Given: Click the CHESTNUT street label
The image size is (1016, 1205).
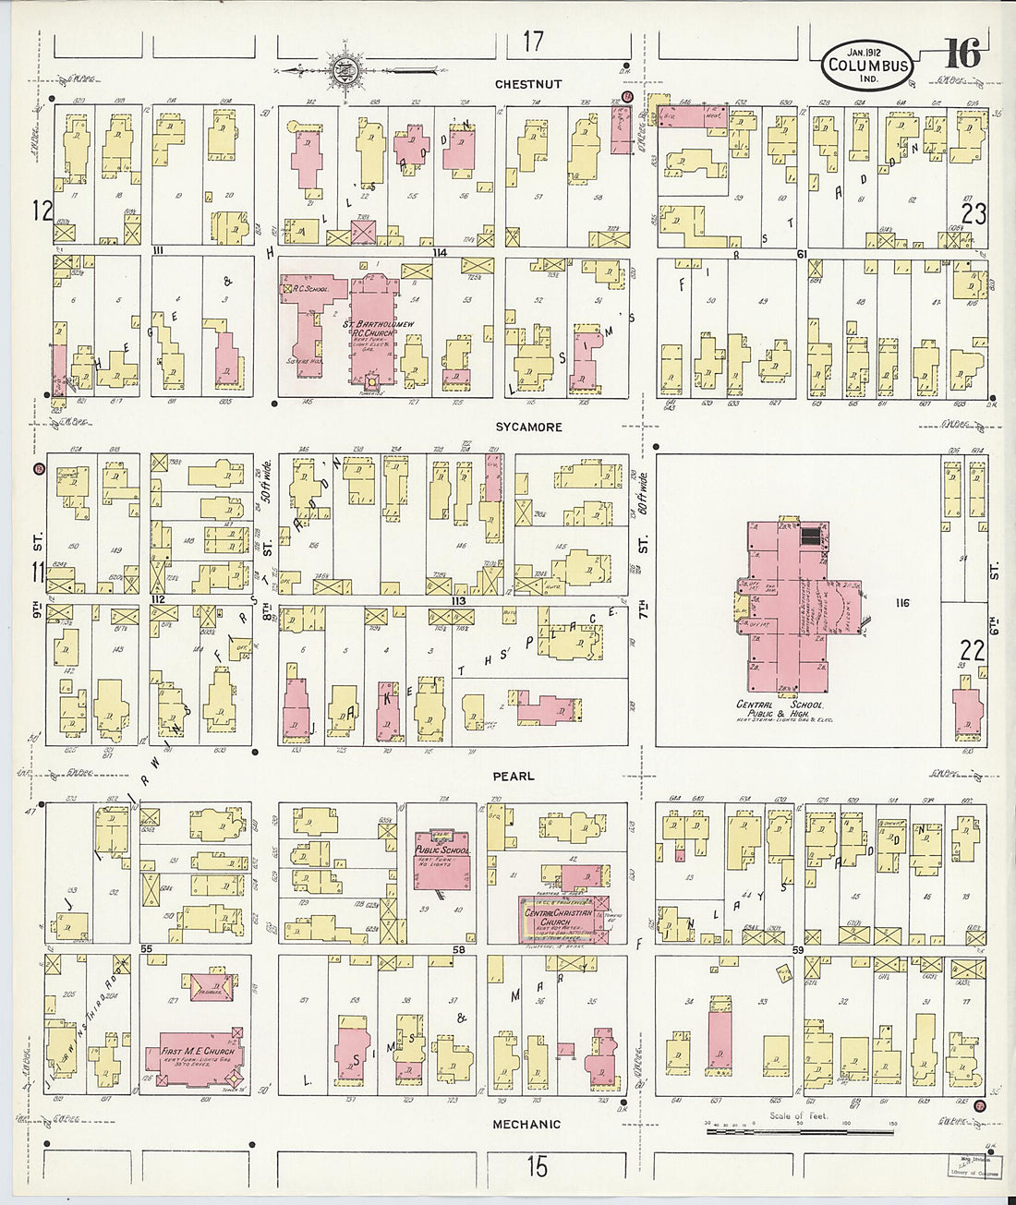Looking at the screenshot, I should tap(527, 84).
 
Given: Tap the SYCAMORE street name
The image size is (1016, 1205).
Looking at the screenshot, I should tap(527, 428).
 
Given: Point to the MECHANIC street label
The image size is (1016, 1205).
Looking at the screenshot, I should tap(526, 1124).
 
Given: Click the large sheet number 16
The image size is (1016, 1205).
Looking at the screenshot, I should tap(962, 54).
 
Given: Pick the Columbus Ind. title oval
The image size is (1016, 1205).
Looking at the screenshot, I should tap(867, 66).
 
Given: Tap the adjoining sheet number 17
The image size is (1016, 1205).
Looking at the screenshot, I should tap(533, 42).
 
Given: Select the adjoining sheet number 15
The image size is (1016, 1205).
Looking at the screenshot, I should tap(537, 1166).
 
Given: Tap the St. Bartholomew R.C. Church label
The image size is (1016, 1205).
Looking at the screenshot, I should tap(372, 329).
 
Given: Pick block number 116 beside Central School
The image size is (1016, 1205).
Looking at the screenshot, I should tap(901, 603).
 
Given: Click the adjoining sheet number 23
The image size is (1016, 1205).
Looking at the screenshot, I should tap(974, 214).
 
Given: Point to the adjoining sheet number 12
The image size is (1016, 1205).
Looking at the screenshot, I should tap(42, 211).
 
